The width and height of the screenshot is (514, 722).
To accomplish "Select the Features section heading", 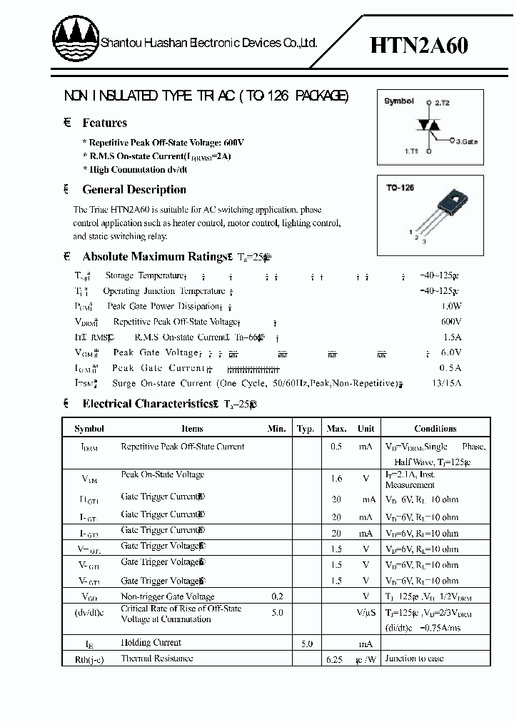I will coord(104,123).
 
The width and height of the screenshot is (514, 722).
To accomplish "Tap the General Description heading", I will coord(134,190).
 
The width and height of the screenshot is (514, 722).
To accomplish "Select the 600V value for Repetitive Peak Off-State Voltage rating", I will coord(451,322).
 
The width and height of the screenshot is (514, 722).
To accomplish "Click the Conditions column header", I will coord(435,429).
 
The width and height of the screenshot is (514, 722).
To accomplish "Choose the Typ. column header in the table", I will coord(306,429).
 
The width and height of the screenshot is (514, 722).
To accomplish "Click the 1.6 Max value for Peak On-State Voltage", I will coord(336,479).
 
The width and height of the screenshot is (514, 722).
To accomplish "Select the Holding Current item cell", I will coord(151,643).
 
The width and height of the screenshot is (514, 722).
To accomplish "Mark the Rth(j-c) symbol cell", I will coord(89,659).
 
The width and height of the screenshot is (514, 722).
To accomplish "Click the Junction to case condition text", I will coord(414,659).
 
